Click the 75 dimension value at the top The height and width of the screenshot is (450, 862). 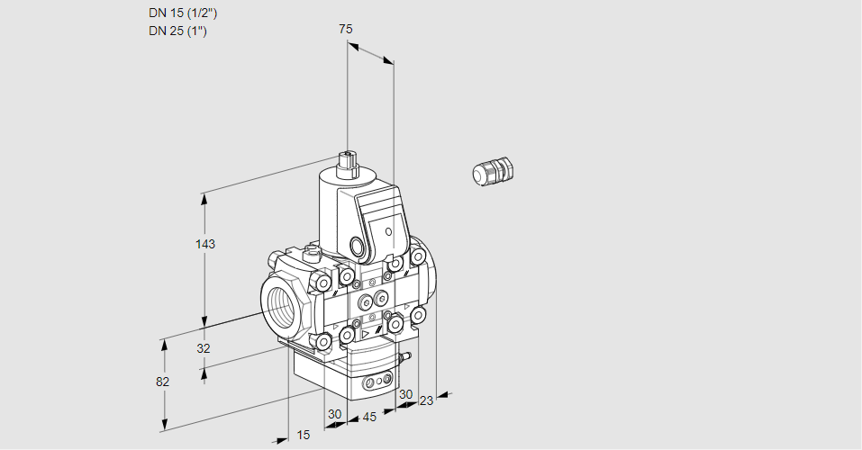point(345,29)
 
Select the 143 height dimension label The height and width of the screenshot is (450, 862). point(205,244)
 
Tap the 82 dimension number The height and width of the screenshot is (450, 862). point(162,382)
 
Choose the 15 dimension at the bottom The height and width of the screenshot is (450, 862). point(304,435)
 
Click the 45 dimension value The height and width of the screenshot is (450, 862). point(369,417)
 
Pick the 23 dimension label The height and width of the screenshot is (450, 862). point(426,400)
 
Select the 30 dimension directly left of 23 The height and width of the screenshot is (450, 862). point(405,394)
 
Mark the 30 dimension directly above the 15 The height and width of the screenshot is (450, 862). point(335,414)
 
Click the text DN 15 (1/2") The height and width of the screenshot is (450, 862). point(183,13)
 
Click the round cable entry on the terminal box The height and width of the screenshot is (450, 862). point(358,247)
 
